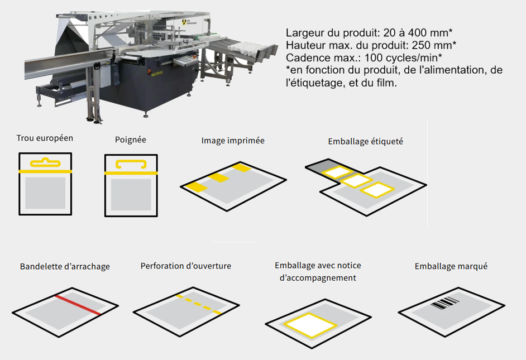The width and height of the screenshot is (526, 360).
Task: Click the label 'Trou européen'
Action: [45, 138]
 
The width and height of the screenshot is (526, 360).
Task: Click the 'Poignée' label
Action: [131, 140]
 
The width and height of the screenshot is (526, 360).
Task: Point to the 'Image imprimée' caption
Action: [233, 141]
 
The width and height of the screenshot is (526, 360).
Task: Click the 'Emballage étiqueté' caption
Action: [366, 141]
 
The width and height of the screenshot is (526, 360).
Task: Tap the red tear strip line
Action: [78, 305]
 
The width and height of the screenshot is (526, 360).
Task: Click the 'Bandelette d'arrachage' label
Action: [65, 266]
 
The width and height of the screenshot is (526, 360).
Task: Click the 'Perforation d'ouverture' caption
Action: [186, 266]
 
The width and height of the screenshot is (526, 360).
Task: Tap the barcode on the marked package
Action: [445, 303]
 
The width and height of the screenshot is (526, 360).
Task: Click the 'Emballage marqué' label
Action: [451, 266]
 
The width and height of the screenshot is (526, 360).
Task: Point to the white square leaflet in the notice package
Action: [310, 325]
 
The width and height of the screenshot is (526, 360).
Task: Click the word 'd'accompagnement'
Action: [318, 278]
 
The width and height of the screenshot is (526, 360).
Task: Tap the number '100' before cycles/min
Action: [374, 57]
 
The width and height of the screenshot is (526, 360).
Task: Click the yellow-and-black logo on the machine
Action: [184, 22]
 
